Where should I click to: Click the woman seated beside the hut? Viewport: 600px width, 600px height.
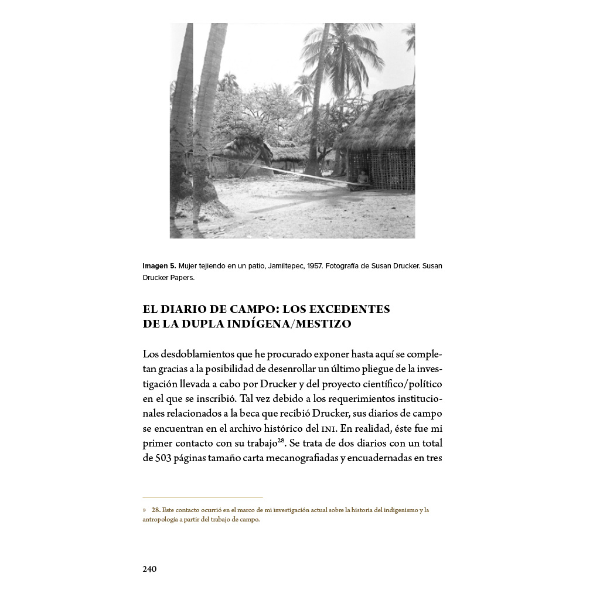point(363,178)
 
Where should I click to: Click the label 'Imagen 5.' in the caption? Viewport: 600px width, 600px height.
point(159,266)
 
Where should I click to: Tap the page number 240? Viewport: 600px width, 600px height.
point(149,569)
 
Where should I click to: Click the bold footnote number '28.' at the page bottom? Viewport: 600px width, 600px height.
point(156,510)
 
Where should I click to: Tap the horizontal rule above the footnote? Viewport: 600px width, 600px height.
point(202,497)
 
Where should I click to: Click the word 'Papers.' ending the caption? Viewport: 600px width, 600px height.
point(182,277)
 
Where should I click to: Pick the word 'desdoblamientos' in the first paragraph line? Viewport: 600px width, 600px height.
point(194,354)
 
